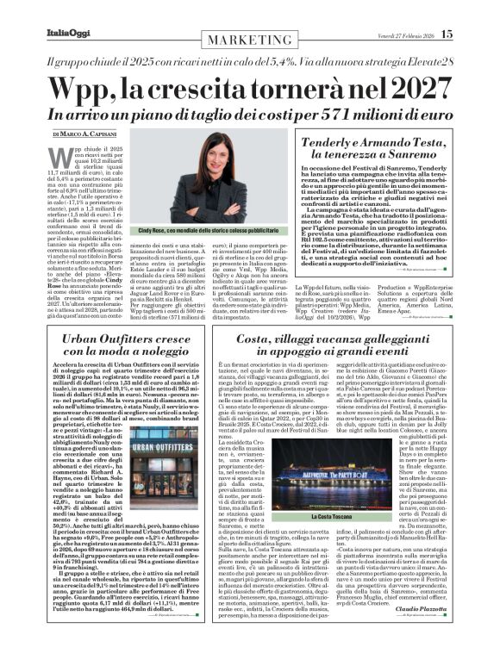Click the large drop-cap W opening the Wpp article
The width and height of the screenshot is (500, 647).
pyautogui.click(x=65, y=160)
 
